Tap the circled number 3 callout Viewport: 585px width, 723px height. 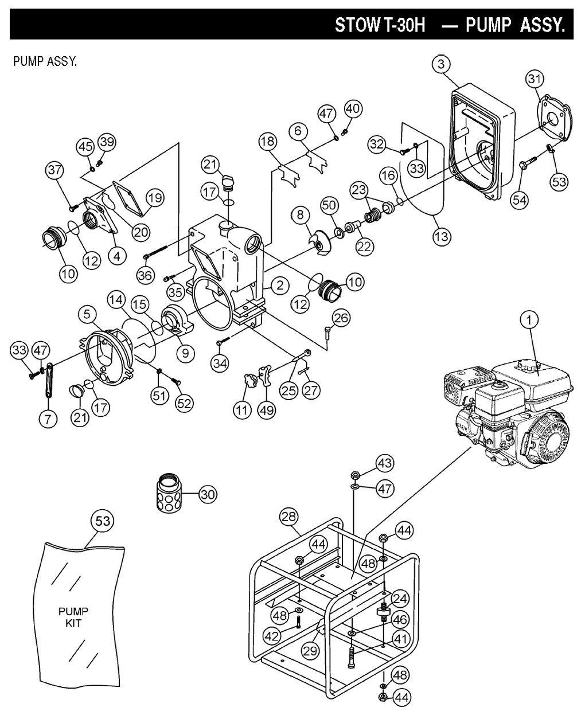pos(440,64)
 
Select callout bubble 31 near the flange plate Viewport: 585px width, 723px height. pos(535,78)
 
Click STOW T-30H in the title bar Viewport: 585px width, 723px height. pos(380,26)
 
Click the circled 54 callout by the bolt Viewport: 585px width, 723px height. pos(521,200)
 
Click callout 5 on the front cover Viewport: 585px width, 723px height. pos(87,314)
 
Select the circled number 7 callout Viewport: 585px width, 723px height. pos(48,419)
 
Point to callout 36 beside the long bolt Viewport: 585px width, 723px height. pos(145,275)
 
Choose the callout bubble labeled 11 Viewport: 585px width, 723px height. pos(242,410)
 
